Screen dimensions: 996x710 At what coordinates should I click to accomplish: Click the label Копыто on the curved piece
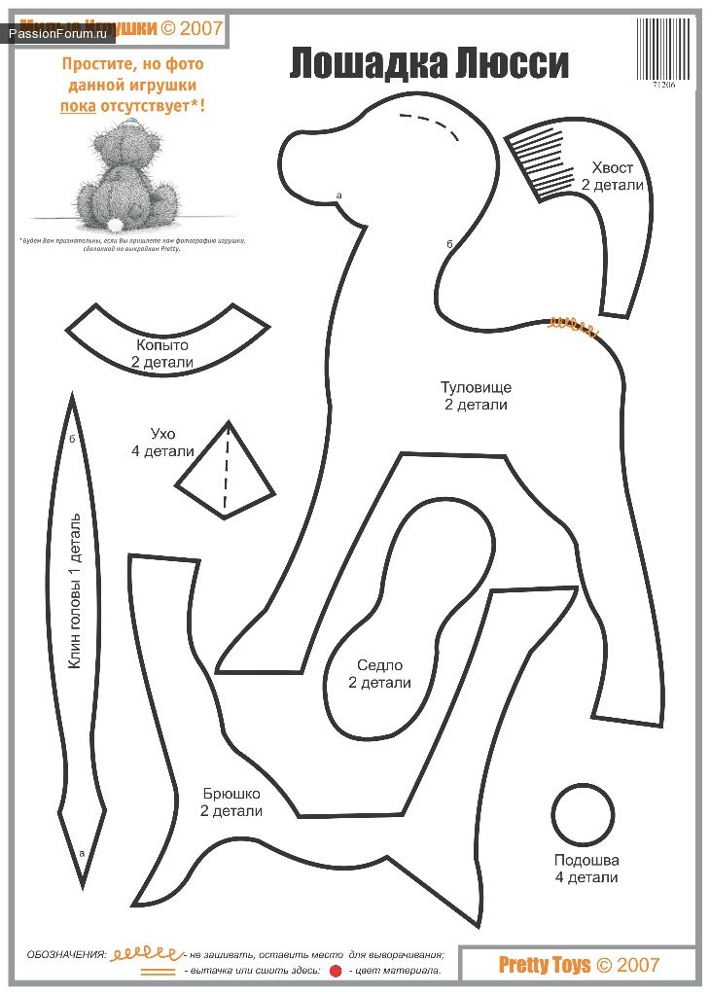(x=162, y=345)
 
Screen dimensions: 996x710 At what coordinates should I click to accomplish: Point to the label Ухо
(x=162, y=434)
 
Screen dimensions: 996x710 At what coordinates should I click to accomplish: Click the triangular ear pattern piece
(x=226, y=477)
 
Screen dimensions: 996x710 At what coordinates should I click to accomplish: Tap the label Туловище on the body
(x=476, y=387)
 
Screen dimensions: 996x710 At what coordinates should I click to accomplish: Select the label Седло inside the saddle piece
(x=379, y=665)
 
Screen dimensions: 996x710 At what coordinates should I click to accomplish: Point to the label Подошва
(x=586, y=860)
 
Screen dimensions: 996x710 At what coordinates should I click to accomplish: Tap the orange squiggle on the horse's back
(x=573, y=326)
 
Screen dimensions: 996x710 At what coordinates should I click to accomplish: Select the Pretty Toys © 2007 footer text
(x=579, y=965)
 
